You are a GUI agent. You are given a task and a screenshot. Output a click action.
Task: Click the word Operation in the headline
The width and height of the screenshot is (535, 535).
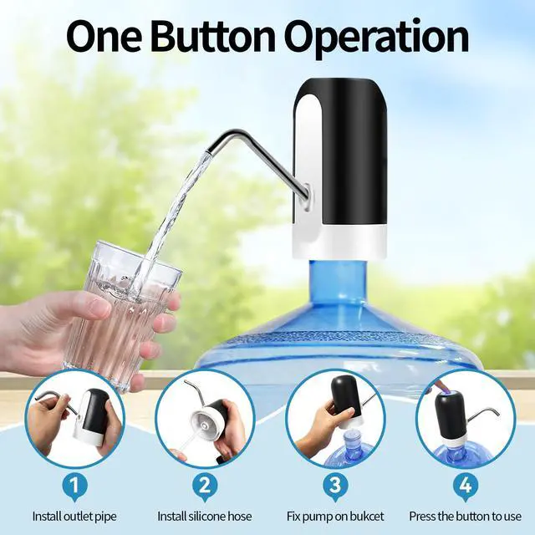(377, 38)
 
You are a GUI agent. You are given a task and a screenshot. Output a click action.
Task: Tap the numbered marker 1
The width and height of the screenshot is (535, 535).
(75, 485)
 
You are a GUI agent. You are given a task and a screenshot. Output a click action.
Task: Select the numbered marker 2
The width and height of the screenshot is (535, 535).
(205, 485)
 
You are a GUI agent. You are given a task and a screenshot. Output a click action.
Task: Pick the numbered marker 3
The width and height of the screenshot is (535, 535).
(335, 485)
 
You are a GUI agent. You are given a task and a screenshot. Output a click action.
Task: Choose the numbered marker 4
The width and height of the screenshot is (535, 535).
(466, 485)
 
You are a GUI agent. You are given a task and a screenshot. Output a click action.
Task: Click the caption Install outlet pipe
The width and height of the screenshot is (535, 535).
(74, 517)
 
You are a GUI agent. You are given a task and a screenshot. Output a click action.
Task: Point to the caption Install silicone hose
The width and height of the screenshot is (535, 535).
(204, 517)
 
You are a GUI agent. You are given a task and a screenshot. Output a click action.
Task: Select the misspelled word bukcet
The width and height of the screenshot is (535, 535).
(366, 517)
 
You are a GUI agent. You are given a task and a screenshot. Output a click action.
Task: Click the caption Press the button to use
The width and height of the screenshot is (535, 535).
(466, 517)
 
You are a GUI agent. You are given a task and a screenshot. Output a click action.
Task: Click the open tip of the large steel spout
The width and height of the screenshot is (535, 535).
(207, 152)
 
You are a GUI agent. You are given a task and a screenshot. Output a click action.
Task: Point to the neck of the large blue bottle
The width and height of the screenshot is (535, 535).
(338, 283)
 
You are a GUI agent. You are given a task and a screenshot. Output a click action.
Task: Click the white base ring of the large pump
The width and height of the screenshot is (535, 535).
(339, 242)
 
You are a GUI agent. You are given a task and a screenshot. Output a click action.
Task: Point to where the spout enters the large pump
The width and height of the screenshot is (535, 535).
(307, 195)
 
